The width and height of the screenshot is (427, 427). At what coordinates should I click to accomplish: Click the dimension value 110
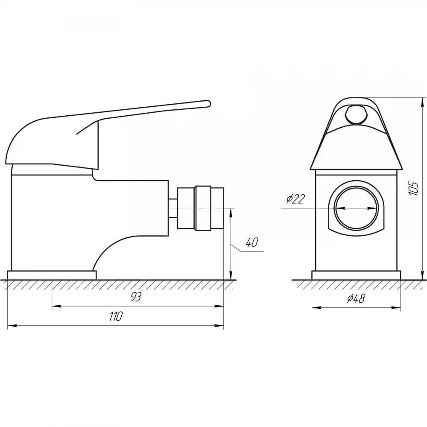(116, 316)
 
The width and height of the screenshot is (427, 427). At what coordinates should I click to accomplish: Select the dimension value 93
(135, 297)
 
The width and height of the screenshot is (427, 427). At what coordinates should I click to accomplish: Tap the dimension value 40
(252, 242)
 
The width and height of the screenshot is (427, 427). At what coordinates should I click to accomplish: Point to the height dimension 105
(413, 188)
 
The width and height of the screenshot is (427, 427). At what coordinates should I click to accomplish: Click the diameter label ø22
(295, 199)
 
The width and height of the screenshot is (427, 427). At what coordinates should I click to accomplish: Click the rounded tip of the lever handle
(209, 104)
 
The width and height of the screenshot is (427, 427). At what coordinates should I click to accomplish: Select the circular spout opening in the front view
(356, 208)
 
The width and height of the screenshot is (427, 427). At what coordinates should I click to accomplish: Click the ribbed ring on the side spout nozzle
(203, 208)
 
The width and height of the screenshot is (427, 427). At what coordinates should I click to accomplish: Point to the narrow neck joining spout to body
(173, 208)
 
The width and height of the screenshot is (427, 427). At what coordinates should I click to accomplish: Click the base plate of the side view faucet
(52, 275)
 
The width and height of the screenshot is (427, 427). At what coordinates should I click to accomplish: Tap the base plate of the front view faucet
(356, 275)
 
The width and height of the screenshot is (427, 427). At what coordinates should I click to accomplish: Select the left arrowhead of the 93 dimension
(56, 306)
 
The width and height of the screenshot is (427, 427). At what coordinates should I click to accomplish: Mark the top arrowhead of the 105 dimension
(422, 102)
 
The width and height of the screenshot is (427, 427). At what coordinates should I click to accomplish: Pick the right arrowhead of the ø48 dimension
(397, 308)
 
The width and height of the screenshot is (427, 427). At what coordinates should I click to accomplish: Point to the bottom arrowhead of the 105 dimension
(422, 275)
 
